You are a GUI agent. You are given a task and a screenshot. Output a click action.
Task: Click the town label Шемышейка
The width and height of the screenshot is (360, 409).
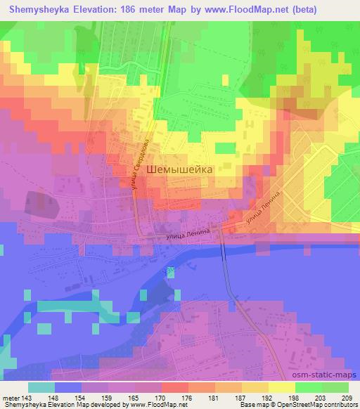pos(180,169)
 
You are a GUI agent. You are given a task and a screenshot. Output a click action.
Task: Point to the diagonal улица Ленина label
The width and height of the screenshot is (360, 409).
pos(264,209)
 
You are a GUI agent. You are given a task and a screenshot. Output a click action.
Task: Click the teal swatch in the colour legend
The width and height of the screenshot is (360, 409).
pos(41,387)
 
